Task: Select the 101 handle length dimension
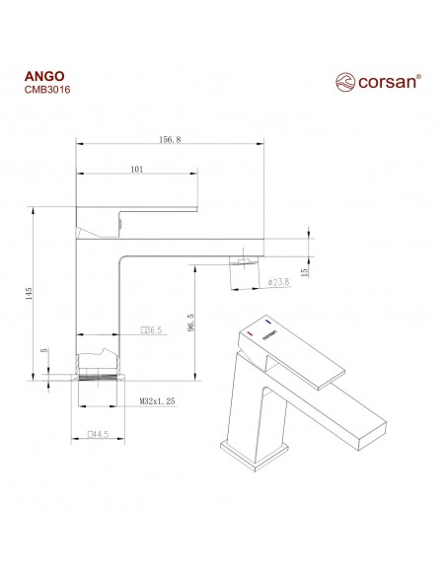136,171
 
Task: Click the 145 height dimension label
31,292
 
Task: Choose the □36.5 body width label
151,330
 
